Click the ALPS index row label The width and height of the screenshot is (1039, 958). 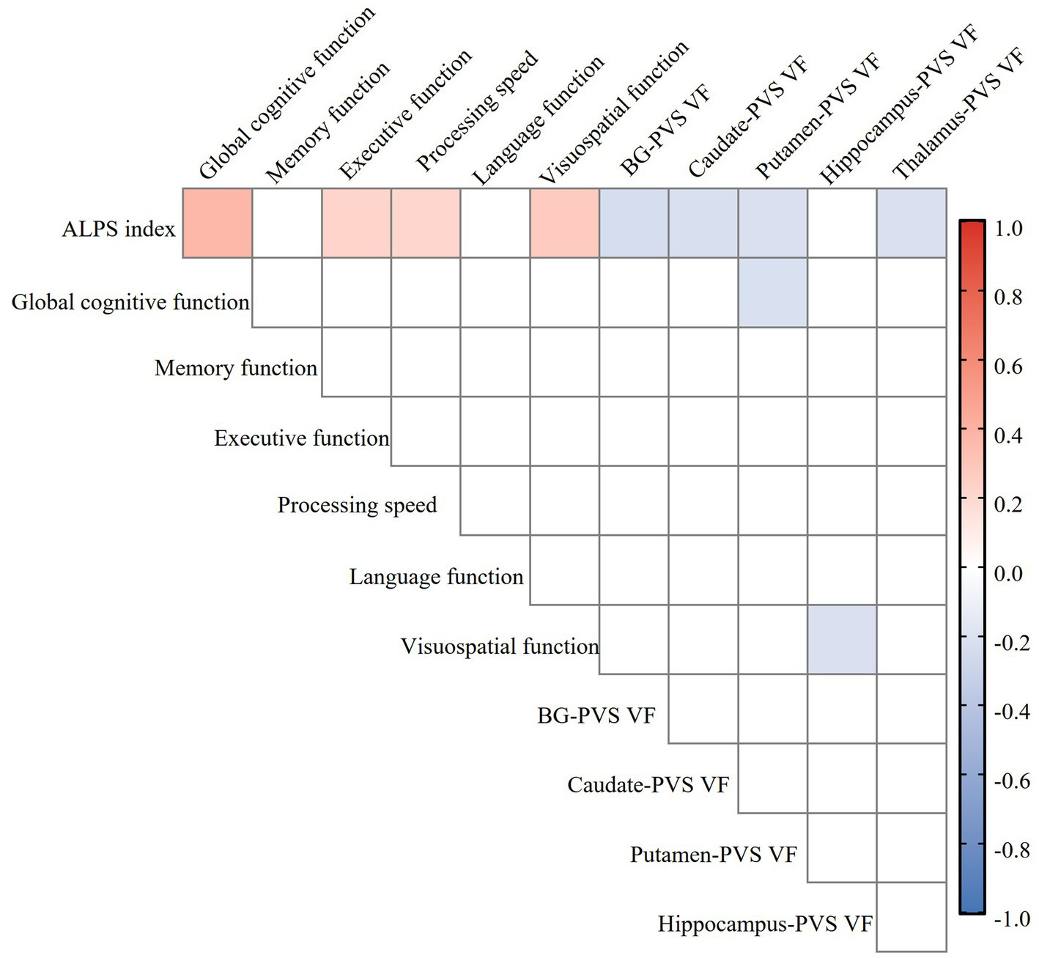click(119, 229)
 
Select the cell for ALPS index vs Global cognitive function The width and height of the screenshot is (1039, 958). click(218, 223)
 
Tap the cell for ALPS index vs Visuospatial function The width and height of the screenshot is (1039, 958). click(565, 223)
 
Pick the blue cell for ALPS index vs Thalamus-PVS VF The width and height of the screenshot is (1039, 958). click(912, 223)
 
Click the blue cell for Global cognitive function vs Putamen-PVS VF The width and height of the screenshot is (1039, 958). click(773, 292)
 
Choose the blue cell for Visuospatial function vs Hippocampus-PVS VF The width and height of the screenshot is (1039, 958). click(842, 640)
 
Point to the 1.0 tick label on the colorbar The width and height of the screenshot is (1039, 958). click(1008, 229)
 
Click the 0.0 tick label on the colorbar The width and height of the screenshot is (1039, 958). click(1008, 573)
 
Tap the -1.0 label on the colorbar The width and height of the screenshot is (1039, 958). click(1012, 918)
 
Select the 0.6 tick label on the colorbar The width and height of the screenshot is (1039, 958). click(1008, 366)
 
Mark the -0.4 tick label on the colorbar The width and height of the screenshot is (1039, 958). click(1012, 712)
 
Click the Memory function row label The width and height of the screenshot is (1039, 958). click(236, 368)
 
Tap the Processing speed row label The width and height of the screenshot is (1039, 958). click(357, 506)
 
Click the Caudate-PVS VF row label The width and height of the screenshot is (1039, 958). click(648, 786)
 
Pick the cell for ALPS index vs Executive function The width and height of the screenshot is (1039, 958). click(357, 223)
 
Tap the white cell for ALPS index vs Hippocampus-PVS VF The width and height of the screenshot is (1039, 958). click(842, 223)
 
